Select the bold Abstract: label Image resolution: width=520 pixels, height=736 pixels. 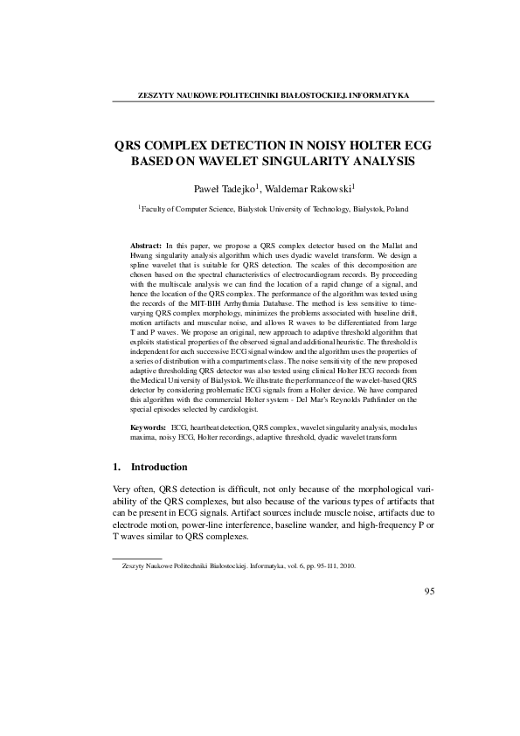tap(145, 246)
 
